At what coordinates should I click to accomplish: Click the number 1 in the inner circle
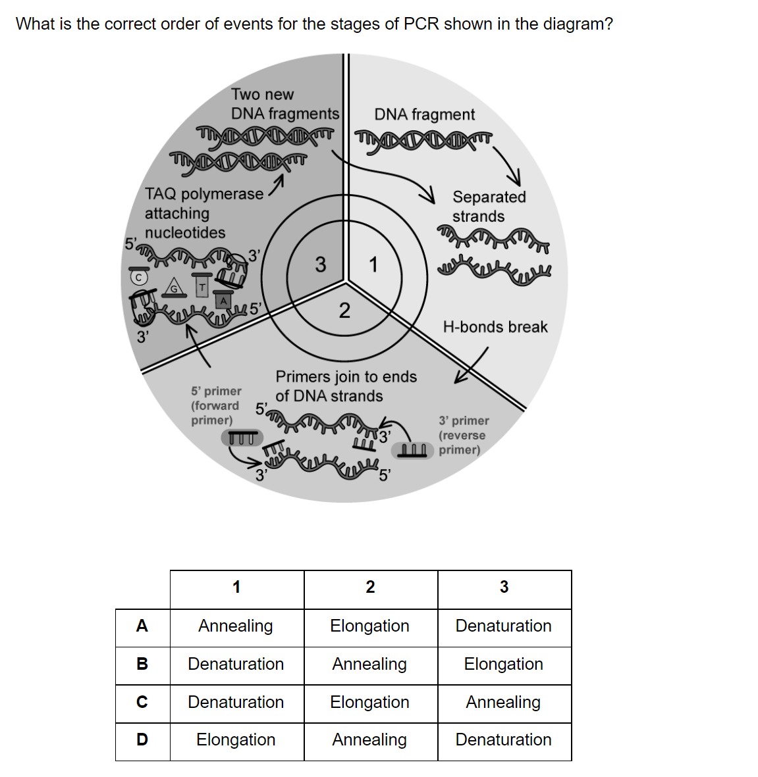pos(373,264)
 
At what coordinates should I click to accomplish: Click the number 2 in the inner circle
pos(344,311)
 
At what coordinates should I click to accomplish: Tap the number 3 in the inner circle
pos(321,264)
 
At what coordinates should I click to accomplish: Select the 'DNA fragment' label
pos(425,114)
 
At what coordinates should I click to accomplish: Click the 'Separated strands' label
pos(489,207)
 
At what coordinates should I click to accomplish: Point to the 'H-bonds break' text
pos(495,327)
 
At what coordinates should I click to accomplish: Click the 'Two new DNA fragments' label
pos(285,103)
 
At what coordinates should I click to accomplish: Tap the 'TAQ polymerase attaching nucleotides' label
pos(204,213)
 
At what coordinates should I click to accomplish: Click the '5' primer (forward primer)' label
pos(216,405)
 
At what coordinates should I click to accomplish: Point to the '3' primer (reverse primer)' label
pos(464,435)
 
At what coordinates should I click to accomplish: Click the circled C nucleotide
pos(139,278)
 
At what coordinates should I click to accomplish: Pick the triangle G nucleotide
pos(174,287)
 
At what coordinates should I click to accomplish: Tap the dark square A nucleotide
pos(223,301)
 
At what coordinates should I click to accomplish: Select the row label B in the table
pos(142,664)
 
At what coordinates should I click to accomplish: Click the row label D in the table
pos(142,739)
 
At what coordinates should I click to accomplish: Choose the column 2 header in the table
pos(370,587)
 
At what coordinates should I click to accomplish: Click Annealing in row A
pos(236,626)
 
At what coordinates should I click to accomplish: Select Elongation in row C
pos(369,702)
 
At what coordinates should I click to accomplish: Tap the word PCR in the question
pos(421,24)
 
